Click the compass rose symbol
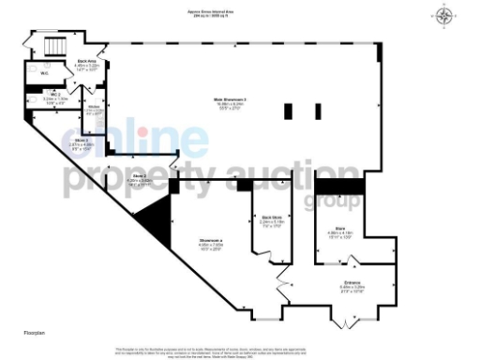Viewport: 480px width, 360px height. (443, 16)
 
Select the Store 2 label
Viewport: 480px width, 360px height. (140, 179)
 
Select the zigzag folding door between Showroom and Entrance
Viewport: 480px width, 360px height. (281, 278)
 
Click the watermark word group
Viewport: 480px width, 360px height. (329, 198)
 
